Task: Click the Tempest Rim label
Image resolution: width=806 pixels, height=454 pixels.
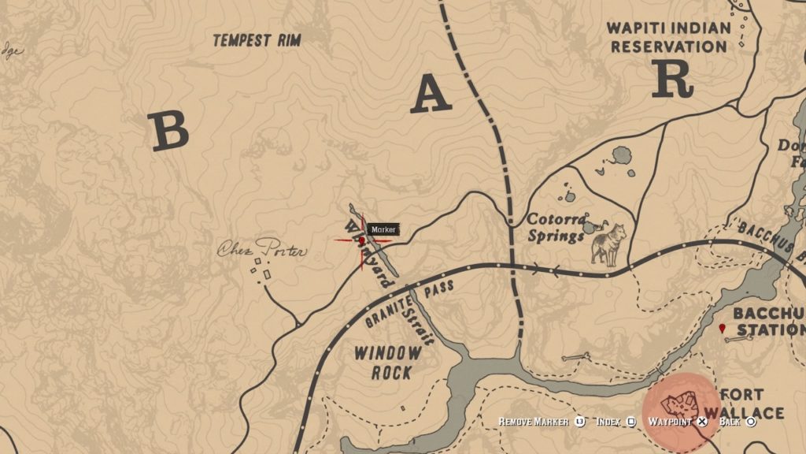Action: tap(257, 40)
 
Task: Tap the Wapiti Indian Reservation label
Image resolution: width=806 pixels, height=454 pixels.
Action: tap(668, 37)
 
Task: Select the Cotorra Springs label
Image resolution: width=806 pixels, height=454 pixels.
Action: tap(557, 227)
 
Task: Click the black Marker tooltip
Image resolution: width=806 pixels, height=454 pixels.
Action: tap(383, 229)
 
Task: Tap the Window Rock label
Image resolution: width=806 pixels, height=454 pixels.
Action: tap(386, 363)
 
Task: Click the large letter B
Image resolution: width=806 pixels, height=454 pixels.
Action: tap(169, 131)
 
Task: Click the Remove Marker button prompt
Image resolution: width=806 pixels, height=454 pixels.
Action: tap(541, 422)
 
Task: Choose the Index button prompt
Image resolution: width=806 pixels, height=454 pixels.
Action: tap(615, 422)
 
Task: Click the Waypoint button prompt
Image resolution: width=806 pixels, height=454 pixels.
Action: tap(677, 422)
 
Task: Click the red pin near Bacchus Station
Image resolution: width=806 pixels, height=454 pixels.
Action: tap(723, 328)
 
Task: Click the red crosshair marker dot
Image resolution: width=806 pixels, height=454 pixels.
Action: tap(362, 240)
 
